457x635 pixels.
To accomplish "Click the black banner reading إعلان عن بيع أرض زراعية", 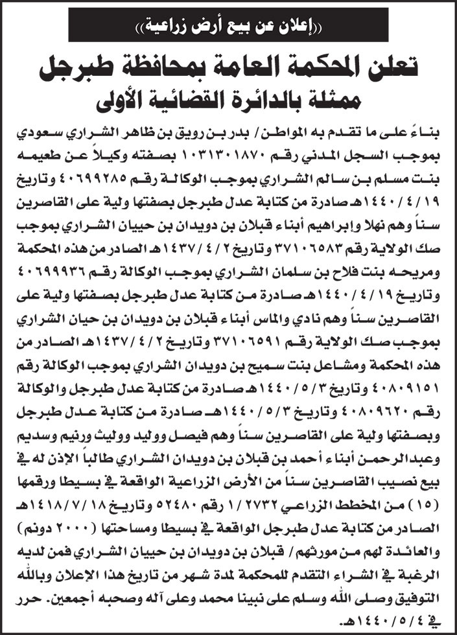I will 228,27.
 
